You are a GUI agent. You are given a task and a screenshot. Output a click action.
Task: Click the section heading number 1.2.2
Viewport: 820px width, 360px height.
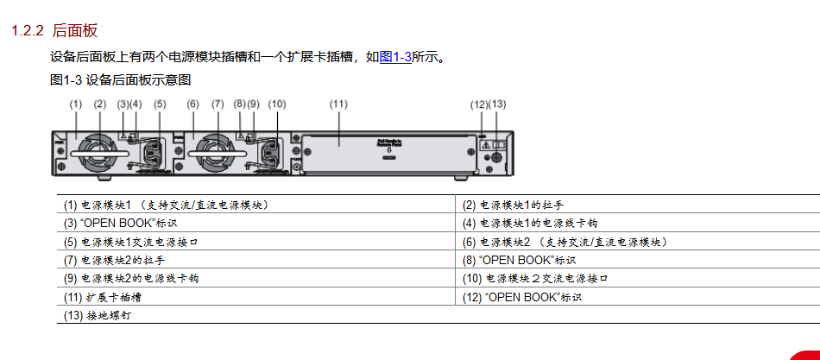[27, 31]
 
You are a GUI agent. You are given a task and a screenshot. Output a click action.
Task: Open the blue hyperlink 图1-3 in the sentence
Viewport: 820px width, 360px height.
[394, 57]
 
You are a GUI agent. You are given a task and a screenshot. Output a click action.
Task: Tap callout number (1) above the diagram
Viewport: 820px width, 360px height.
[75, 104]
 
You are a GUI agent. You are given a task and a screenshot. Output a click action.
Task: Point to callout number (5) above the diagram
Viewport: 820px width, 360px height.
[160, 104]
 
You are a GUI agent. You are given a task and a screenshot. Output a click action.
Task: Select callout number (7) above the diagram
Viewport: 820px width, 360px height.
[218, 104]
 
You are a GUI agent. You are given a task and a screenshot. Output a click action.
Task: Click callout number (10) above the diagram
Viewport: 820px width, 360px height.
[276, 104]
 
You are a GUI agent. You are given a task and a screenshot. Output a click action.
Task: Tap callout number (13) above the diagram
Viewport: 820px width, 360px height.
[498, 104]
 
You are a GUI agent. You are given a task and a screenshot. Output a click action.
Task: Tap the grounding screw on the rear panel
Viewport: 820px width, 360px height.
[496, 158]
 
